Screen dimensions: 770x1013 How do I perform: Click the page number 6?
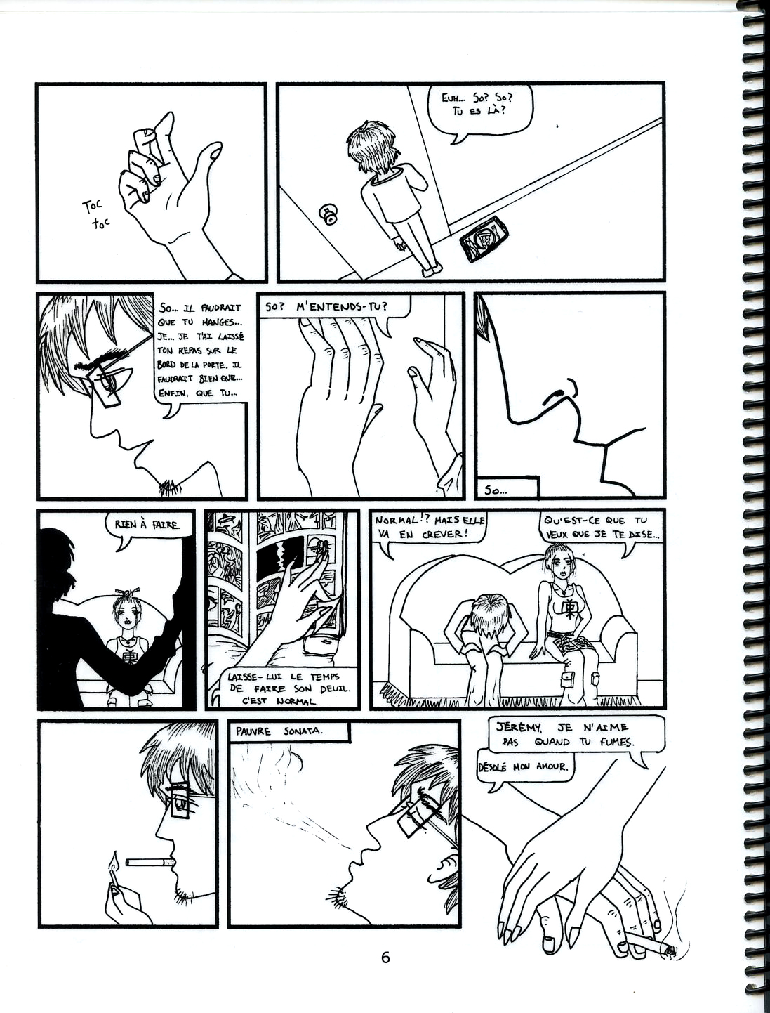click(x=385, y=958)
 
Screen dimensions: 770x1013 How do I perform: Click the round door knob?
click(x=328, y=214)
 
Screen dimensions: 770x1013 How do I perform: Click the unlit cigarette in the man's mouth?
click(x=150, y=863)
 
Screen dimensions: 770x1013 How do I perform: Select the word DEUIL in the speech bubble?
click(x=332, y=690)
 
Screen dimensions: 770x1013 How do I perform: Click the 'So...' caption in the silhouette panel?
click(x=496, y=492)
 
